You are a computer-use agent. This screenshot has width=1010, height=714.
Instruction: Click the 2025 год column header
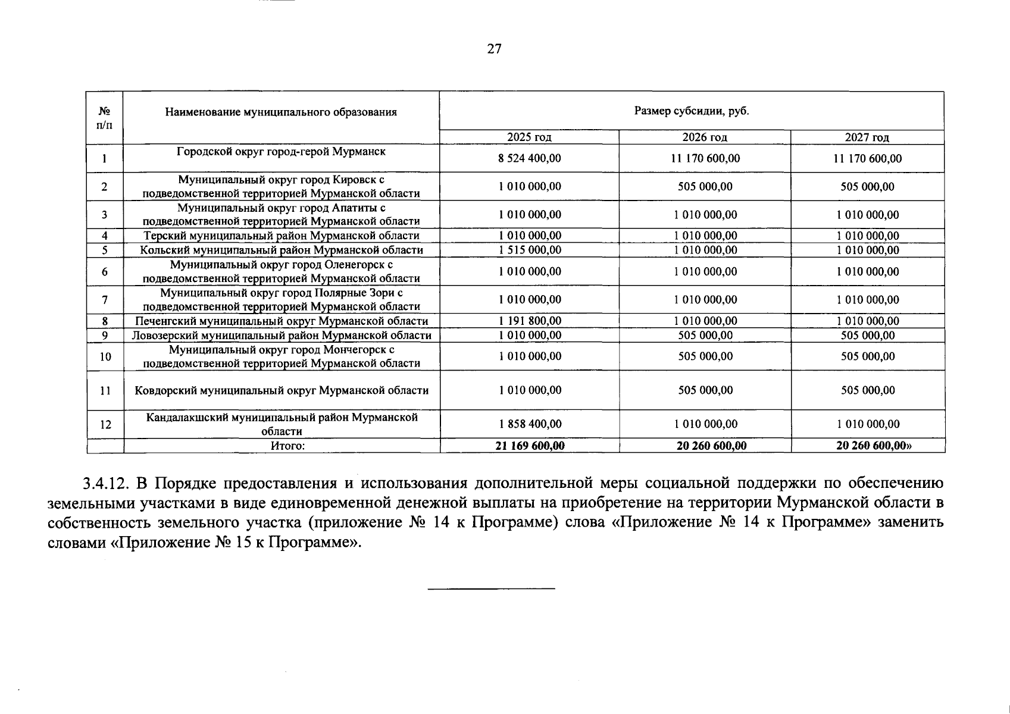click(x=529, y=137)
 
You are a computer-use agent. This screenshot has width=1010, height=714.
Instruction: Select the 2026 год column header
click(x=705, y=137)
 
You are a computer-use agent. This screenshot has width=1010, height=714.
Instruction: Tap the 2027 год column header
click(x=867, y=137)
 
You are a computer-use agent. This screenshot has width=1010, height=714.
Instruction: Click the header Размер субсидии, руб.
click(x=691, y=111)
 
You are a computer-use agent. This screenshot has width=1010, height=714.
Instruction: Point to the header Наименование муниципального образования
click(x=281, y=112)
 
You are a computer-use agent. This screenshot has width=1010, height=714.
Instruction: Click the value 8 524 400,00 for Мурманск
click(x=530, y=159)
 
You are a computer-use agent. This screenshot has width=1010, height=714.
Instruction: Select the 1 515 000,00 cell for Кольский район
click(x=530, y=250)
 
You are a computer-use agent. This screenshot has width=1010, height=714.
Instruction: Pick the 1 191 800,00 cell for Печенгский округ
click(x=530, y=321)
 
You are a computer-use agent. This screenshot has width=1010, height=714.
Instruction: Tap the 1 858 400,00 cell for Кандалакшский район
click(x=530, y=424)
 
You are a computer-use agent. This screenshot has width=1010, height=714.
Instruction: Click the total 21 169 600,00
click(x=530, y=446)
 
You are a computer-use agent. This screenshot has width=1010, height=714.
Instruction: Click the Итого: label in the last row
click(x=288, y=446)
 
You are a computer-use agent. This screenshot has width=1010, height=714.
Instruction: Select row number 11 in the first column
click(x=105, y=391)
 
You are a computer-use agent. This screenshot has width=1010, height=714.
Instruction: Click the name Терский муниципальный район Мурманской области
click(x=282, y=236)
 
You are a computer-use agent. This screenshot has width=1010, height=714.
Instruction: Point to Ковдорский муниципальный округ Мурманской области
click(x=282, y=391)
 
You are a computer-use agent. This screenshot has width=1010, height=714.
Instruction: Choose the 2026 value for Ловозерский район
click(x=705, y=335)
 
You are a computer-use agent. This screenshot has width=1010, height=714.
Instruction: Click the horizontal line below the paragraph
click(x=491, y=589)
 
